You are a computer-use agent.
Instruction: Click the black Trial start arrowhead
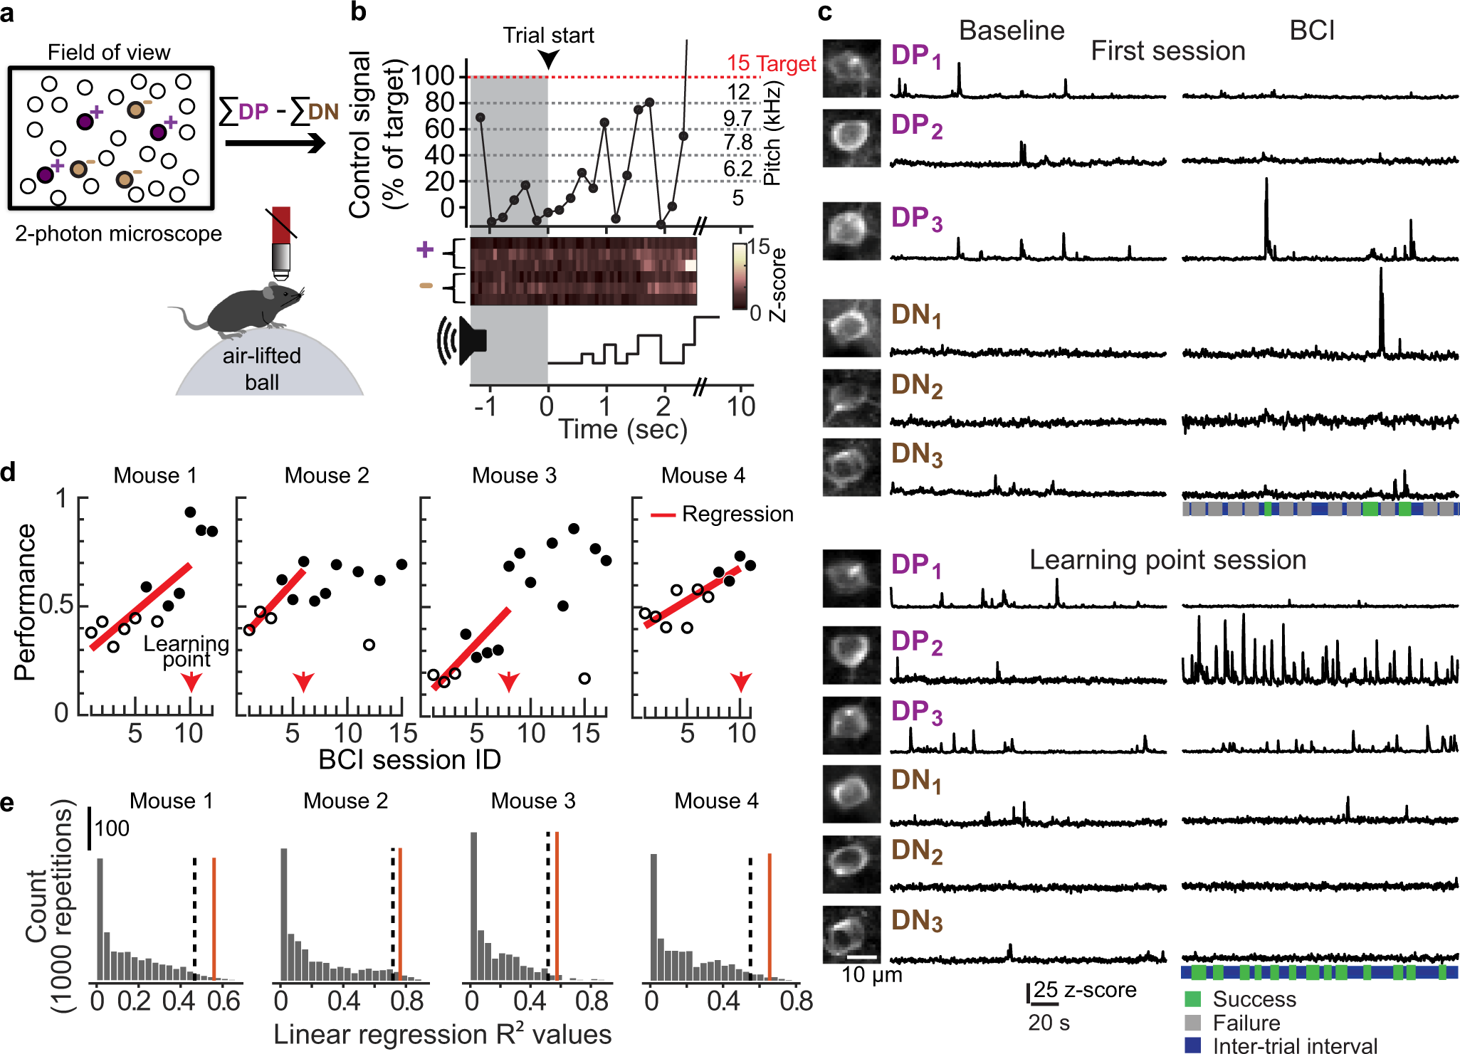pyautogui.click(x=548, y=60)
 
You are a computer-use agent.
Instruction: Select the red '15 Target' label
pyautogui.click(x=771, y=64)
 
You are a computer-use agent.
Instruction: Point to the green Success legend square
pyautogui.click(x=1193, y=999)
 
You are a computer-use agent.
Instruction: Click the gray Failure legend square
pyautogui.click(x=1193, y=1023)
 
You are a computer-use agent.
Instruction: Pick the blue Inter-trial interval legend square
pyautogui.click(x=1193, y=1045)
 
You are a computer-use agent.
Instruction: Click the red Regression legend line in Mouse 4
pyautogui.click(x=663, y=515)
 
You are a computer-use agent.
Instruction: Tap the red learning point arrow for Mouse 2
pyautogui.click(x=304, y=682)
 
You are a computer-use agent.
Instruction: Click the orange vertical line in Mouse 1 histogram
pyautogui.click(x=214, y=918)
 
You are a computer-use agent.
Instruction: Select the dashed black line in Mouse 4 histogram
pyautogui.click(x=750, y=918)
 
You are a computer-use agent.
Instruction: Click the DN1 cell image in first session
pyautogui.click(x=851, y=328)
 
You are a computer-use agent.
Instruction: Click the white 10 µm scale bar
pyautogui.click(x=861, y=957)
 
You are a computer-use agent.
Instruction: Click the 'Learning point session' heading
pyautogui.click(x=1167, y=561)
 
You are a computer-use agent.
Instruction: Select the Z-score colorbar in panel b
pyautogui.click(x=740, y=276)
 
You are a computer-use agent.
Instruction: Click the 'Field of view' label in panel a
pyautogui.click(x=109, y=53)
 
